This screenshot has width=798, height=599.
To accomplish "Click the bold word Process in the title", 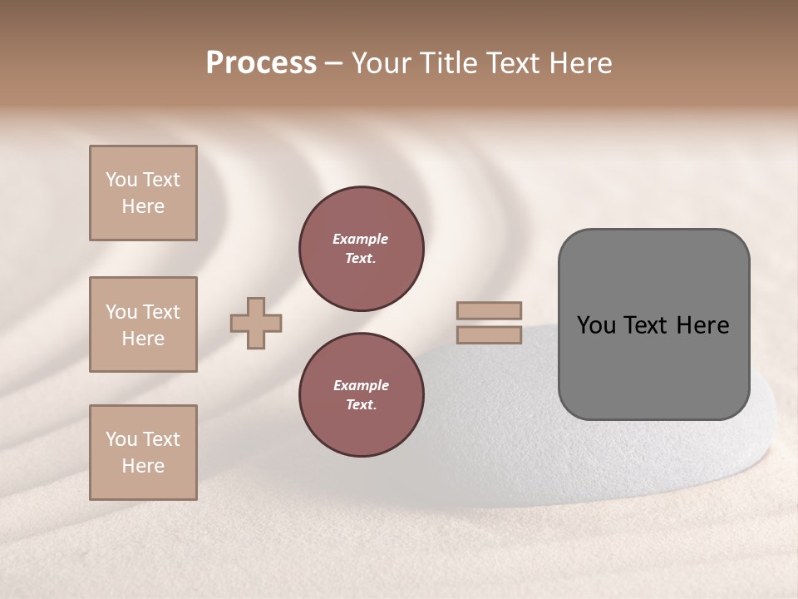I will (261, 63).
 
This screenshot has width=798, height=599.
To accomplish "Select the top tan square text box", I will (143, 193).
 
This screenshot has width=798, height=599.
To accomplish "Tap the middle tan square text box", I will (143, 324).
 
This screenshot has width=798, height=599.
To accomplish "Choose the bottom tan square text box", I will (143, 453).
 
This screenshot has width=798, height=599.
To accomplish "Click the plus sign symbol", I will (256, 323).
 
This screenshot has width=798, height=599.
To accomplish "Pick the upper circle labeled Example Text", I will (361, 249).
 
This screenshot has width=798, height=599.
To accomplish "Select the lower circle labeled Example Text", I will (361, 395).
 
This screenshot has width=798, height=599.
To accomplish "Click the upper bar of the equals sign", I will (489, 310).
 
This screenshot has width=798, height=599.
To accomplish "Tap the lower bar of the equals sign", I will (489, 335).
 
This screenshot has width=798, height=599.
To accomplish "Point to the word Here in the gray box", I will (702, 325).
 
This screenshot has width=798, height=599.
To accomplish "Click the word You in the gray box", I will (596, 325).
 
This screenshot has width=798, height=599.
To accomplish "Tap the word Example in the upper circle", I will (361, 239).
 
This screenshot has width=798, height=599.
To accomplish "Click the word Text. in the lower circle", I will (361, 405).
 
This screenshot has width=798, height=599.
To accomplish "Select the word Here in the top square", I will (143, 206).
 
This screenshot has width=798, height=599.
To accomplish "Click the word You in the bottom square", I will (121, 439).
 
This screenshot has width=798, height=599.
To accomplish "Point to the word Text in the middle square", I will (160, 312).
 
